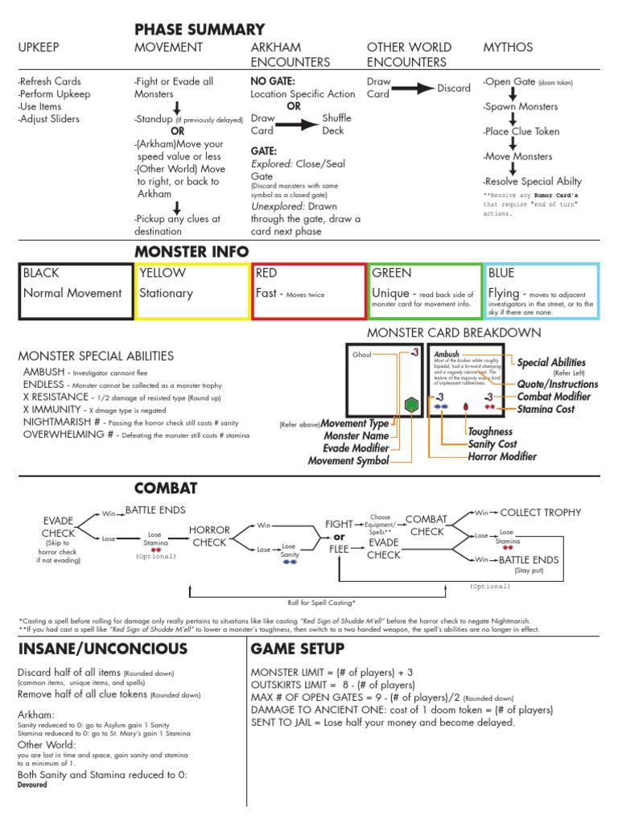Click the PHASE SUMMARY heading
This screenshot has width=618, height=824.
[200, 29]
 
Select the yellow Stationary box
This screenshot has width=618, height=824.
[192, 290]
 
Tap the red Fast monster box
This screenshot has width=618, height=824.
[308, 290]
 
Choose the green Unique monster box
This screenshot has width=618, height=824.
[424, 290]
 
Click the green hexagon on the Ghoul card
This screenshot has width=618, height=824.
[410, 404]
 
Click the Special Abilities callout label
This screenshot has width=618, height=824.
[551, 363]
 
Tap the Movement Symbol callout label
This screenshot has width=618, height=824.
[348, 460]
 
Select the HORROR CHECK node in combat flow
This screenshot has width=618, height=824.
[209, 536]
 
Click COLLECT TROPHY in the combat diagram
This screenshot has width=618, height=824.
[540, 513]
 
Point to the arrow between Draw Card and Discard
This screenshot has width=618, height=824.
[413, 89]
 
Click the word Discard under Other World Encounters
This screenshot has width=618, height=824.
[454, 88]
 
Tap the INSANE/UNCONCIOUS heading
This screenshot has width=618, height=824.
[102, 649]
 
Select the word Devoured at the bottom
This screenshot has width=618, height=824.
[32, 785]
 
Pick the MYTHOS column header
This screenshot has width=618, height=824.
[507, 47]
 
